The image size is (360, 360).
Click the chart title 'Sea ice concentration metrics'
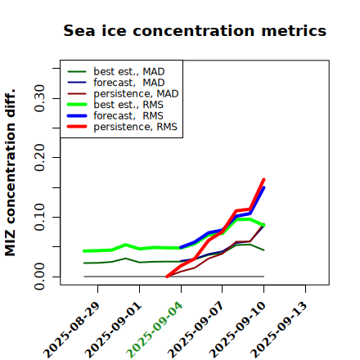tap(195, 30)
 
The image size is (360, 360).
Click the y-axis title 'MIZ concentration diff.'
tap(10, 173)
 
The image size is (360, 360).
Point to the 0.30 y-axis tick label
tap(39, 98)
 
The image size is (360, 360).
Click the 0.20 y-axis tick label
tap(39, 158)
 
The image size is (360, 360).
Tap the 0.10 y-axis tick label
tap(39, 217)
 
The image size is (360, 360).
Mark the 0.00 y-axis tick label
tap(39, 277)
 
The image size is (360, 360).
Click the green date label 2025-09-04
tap(155, 330)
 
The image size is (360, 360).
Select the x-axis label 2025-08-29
tap(71, 330)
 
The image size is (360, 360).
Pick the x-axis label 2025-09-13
tap(279, 330)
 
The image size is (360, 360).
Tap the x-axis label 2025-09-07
tap(196, 330)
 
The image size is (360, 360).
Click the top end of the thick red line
tap(263, 179)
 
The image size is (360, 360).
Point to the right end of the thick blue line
tap(263, 187)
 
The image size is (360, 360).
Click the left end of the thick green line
tap(84, 251)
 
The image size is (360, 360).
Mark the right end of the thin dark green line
tap(263, 250)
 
